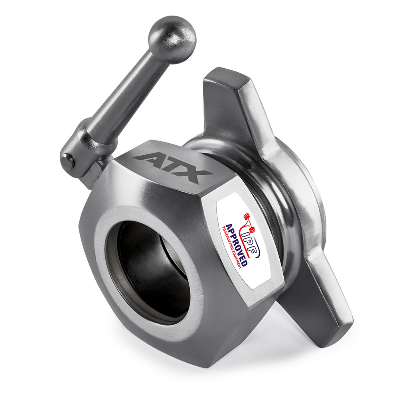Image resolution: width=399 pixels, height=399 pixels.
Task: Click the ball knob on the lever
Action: [172, 40]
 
